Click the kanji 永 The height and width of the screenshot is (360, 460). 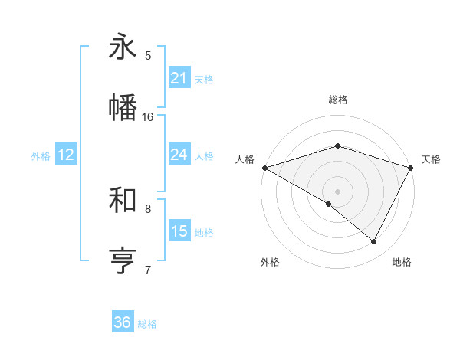coord(123,47)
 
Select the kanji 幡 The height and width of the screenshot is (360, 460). coord(123,107)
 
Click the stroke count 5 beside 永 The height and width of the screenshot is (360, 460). coord(148,56)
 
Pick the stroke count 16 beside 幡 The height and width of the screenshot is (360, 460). coord(148,116)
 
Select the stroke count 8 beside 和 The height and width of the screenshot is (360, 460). coord(148,208)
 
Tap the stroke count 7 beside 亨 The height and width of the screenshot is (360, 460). coord(148,270)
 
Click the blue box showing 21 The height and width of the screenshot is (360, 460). coord(179,77)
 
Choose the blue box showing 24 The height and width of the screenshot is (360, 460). coord(179,155)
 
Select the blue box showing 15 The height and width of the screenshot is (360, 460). coord(179,231)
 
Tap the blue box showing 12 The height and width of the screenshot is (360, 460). coord(65,155)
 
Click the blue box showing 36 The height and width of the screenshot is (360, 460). coord(123,322)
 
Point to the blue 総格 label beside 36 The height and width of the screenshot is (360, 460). coord(148,324)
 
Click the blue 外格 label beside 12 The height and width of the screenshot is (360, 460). coord(41,156)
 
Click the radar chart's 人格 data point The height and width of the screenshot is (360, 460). coord(264,167)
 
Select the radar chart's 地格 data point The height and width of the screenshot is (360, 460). coord(374,242)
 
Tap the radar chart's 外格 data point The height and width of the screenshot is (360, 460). coord(329,204)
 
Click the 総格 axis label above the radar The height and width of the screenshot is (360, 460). coord(338,100)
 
